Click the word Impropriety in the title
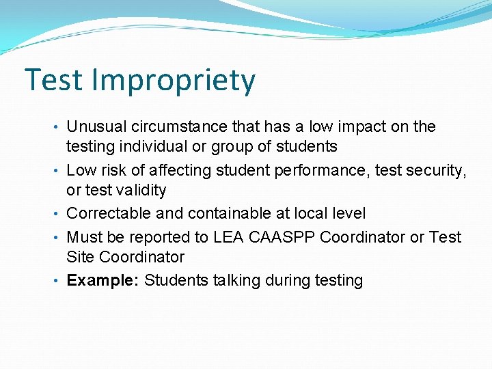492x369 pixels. pos(174,81)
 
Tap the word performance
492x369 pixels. pos(310,171)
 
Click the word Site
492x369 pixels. pos(80,257)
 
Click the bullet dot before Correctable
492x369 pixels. pos(59,214)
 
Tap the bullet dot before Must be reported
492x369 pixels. pos(59,238)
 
